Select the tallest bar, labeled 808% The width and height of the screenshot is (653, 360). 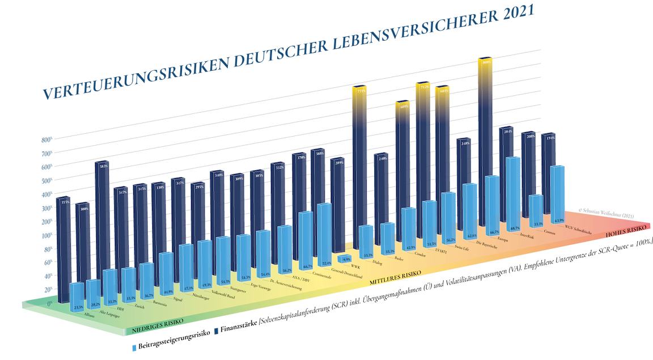[x=485, y=142]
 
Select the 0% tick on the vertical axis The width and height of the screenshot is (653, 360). [x=49, y=304]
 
